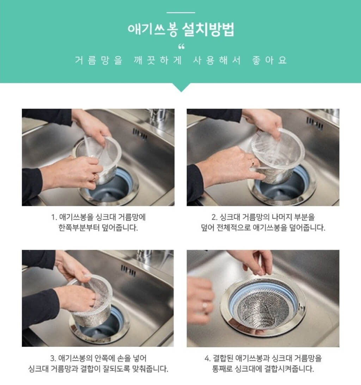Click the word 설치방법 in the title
coord(208,29)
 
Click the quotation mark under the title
coord(181,46)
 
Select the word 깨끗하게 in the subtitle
coord(158,60)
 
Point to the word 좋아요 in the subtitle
coord(269,60)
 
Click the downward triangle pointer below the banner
coord(181,87)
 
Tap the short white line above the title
coord(181,12)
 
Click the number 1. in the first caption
coord(54,217)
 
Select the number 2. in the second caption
coord(214,217)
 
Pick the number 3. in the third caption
coord(53,359)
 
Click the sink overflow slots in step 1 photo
coord(140,134)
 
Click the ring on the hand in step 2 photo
coord(253,162)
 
